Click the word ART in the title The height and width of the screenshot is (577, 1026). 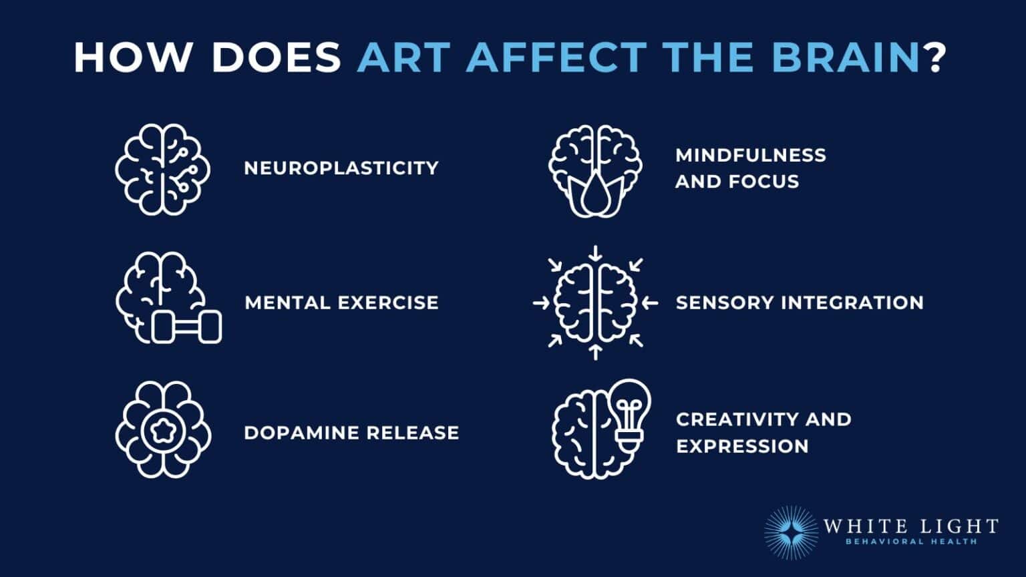click(x=404, y=57)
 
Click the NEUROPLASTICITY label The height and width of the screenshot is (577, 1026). click(x=341, y=168)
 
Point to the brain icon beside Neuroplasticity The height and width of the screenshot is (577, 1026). click(x=162, y=169)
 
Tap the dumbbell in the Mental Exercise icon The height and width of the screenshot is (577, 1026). click(x=186, y=327)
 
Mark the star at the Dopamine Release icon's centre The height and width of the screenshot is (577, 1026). click(x=163, y=431)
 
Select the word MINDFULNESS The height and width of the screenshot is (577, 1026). click(x=751, y=155)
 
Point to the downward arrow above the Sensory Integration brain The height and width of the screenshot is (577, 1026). click(x=596, y=254)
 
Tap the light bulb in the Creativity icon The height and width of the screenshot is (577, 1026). click(x=629, y=410)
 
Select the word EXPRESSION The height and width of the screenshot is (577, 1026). click(x=742, y=446)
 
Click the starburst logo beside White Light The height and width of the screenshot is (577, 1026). click(x=791, y=532)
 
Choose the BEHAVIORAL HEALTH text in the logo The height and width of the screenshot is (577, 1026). click(x=911, y=542)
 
